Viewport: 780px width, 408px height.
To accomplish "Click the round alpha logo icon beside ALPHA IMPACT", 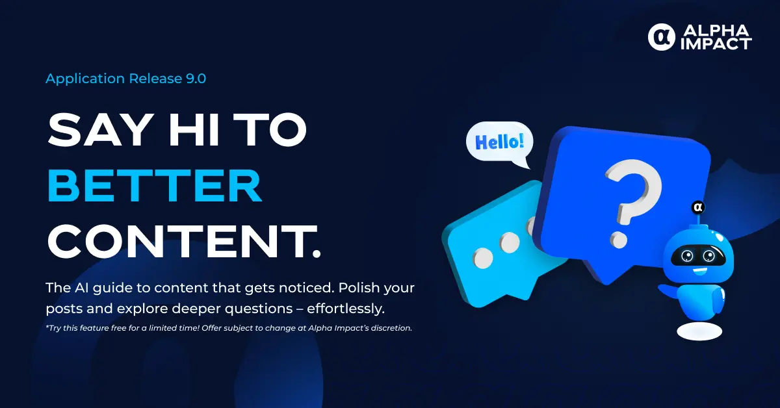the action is [x=661, y=37].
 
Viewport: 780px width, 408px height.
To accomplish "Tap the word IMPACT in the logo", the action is [x=716, y=44].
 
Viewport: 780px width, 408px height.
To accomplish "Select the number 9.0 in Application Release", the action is [x=196, y=79].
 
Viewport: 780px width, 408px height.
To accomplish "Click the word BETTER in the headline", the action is [x=154, y=186].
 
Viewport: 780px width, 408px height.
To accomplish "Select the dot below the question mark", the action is [x=618, y=240].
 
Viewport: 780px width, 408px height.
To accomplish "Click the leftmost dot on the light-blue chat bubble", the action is [x=483, y=259].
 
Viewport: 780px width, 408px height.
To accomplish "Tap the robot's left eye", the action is [x=688, y=256].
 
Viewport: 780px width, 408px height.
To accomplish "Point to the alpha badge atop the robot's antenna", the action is [x=698, y=207].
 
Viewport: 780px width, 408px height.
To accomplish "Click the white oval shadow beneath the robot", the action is [x=699, y=331].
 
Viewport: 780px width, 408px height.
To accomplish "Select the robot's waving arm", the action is [x=669, y=291].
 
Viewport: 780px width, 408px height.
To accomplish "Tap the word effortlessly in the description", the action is [x=346, y=309].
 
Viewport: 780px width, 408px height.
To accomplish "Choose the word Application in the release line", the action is [x=85, y=79].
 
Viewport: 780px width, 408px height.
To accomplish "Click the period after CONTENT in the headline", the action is [x=316, y=253].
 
